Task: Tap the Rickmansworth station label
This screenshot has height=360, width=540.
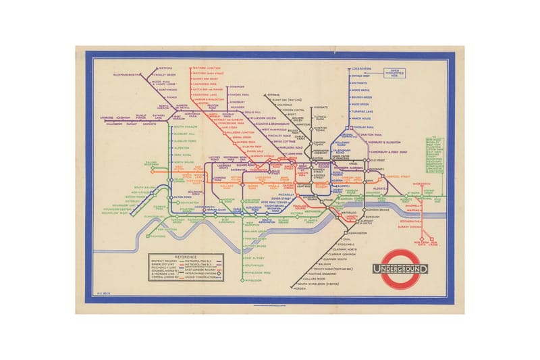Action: click(127, 74)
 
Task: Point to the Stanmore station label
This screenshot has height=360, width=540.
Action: click(236, 86)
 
